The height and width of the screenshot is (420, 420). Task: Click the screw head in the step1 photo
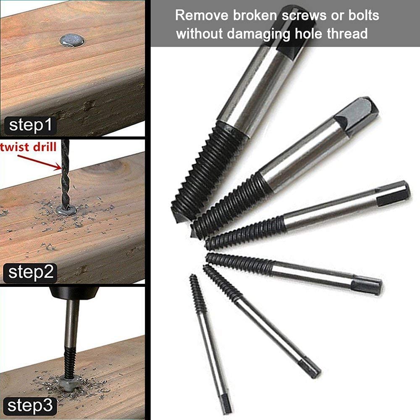pyautogui.click(x=72, y=40)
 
